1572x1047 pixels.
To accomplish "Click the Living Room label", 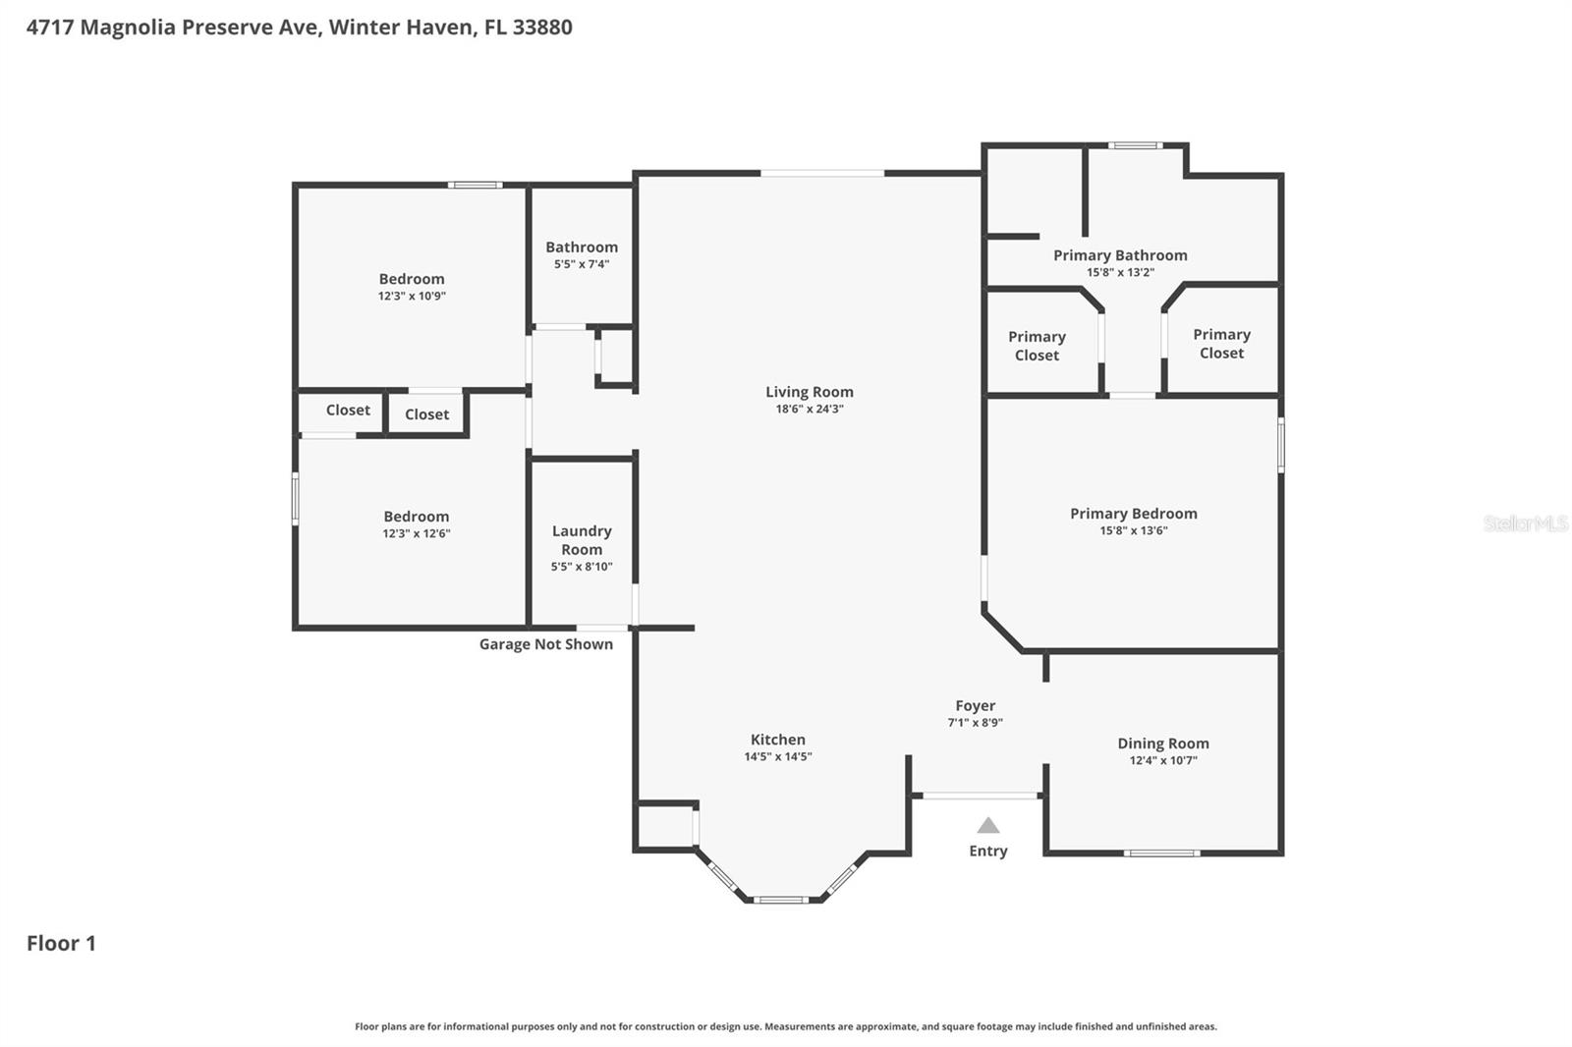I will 809,392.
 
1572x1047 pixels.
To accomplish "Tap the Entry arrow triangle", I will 987,826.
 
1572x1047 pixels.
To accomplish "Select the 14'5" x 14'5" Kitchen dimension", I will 777,757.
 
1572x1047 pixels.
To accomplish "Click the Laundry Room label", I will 582,540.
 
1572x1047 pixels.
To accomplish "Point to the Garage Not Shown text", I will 545,644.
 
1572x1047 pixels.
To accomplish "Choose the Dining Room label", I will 1162,744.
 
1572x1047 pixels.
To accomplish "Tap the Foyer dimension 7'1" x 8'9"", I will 975,723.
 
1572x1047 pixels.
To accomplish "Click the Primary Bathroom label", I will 1120,255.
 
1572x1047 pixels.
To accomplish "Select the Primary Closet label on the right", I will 1221,344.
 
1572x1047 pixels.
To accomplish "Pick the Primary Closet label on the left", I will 1037,346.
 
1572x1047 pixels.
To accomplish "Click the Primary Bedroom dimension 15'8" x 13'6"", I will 1133,530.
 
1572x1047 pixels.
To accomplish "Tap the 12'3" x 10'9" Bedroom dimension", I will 412,296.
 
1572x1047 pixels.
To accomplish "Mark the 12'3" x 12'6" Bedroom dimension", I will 417,533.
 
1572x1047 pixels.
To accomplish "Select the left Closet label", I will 348,411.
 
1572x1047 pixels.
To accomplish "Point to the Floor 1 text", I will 61,943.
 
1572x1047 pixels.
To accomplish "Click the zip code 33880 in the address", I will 542,27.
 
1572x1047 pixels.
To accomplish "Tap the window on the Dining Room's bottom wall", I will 1161,853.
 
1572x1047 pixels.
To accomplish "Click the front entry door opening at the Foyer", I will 978,795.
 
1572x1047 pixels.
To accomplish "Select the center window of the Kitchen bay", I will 781,899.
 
